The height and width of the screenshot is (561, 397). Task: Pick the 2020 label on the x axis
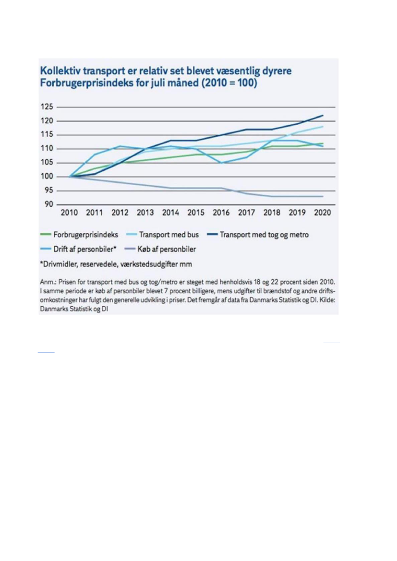[x=322, y=213]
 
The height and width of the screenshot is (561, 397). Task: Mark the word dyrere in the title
[x=273, y=72]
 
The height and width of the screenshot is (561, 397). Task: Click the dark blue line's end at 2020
[x=323, y=115]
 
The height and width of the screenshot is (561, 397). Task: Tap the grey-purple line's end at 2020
[x=323, y=196]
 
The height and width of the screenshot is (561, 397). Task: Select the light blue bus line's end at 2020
[x=323, y=127]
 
